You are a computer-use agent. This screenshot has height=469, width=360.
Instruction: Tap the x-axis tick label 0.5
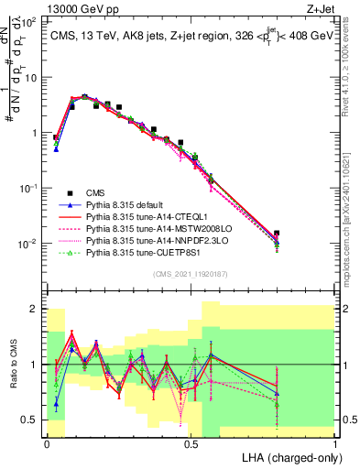click(191, 443)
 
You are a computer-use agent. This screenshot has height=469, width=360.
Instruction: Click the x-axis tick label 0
click(47, 443)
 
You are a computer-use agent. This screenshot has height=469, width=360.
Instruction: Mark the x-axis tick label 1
click(335, 443)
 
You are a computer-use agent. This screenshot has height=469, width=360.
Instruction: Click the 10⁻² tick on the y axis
click(34, 244)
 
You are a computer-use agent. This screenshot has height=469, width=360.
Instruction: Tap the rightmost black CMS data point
click(277, 234)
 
